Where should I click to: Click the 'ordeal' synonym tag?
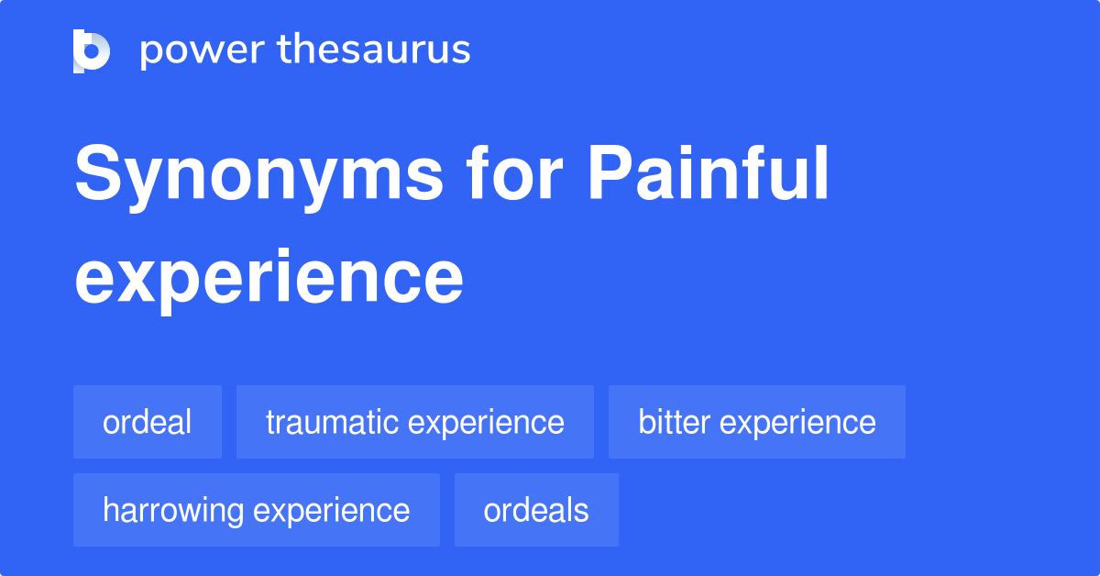pos(148,422)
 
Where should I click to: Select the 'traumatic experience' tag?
pos(415,422)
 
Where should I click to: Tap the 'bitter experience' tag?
pos(757,422)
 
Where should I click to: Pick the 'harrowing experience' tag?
pos(257,510)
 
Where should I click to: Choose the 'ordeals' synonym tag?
pos(536,510)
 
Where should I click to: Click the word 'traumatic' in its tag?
pos(333,422)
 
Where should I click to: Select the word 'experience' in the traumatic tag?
pos(486,423)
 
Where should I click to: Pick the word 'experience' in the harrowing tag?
pos(332,511)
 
